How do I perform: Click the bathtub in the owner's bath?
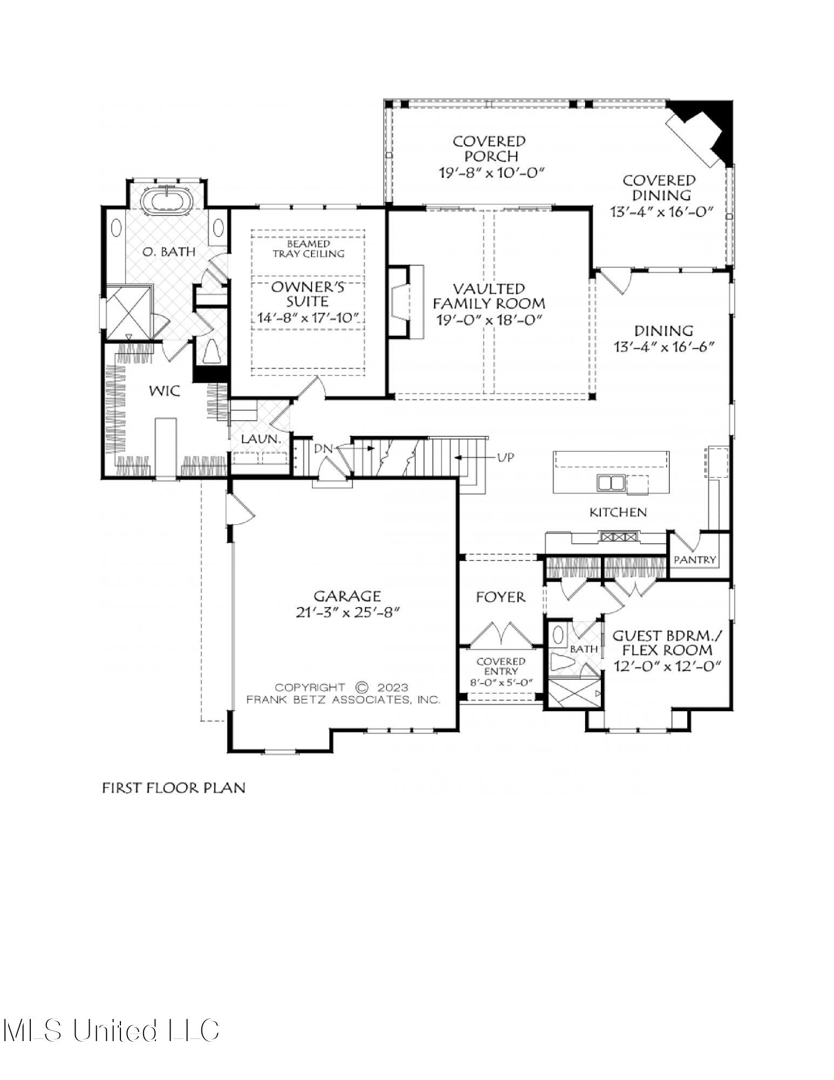(167, 199)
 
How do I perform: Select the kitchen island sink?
(611, 482)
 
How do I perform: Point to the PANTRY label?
(695, 559)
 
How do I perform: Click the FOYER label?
(500, 597)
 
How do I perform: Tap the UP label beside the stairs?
(506, 457)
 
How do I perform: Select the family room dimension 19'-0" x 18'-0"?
(489, 320)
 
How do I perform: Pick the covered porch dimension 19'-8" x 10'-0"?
(489, 172)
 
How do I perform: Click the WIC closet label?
(165, 390)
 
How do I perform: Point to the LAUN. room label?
(261, 440)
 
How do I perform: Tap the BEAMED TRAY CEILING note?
(308, 249)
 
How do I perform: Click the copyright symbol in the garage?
(361, 687)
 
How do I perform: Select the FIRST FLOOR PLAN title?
(174, 788)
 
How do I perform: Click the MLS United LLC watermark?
(111, 1030)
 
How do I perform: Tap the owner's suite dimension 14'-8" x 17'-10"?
(308, 318)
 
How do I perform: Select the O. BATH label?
(169, 252)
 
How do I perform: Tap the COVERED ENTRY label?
(500, 666)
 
